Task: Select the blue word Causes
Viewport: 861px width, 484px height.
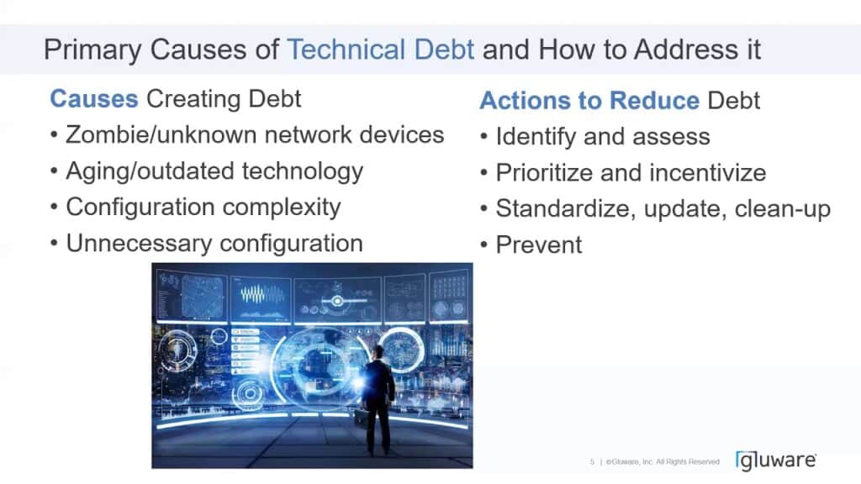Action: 93,98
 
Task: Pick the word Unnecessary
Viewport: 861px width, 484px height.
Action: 138,244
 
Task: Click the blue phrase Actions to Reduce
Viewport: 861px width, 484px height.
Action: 589,101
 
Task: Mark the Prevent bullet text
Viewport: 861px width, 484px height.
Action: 538,245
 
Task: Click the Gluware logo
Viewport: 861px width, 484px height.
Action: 775,460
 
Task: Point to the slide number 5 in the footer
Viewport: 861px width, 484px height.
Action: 592,462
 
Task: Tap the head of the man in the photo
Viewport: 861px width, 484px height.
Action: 378,352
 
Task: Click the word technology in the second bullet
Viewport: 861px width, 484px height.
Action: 303,171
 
